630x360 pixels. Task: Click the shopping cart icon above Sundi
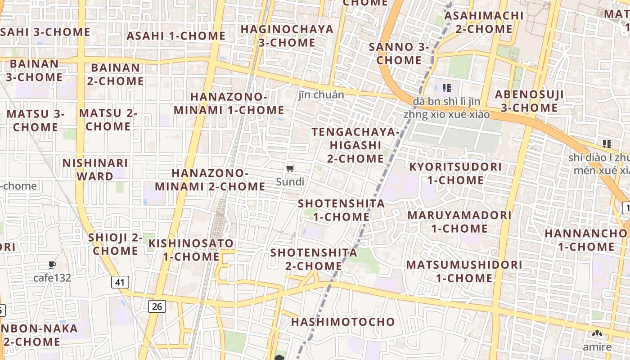click(x=290, y=169)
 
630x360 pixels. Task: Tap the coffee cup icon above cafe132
click(x=52, y=265)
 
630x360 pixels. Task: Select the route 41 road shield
click(x=120, y=282)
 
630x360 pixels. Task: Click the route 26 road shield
click(x=157, y=306)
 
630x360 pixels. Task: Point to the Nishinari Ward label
click(x=95, y=169)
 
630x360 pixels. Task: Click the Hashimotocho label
click(x=343, y=322)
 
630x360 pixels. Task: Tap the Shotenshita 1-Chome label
click(x=342, y=210)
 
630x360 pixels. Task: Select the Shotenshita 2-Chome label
click(x=314, y=259)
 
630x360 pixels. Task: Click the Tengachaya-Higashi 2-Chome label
click(x=355, y=145)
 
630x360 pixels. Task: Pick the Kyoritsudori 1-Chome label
click(x=455, y=173)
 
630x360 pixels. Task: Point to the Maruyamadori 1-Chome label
click(x=459, y=221)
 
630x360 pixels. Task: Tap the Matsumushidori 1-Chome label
click(x=464, y=271)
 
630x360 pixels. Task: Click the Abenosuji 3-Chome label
click(x=529, y=101)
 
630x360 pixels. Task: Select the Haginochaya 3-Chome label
click(x=287, y=36)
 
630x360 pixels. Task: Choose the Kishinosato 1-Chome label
click(x=191, y=250)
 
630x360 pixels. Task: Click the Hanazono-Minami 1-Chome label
click(x=229, y=103)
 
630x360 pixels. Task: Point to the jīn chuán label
click(x=321, y=94)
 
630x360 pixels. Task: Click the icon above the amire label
click(x=597, y=334)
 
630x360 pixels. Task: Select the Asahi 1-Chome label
click(x=176, y=36)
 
